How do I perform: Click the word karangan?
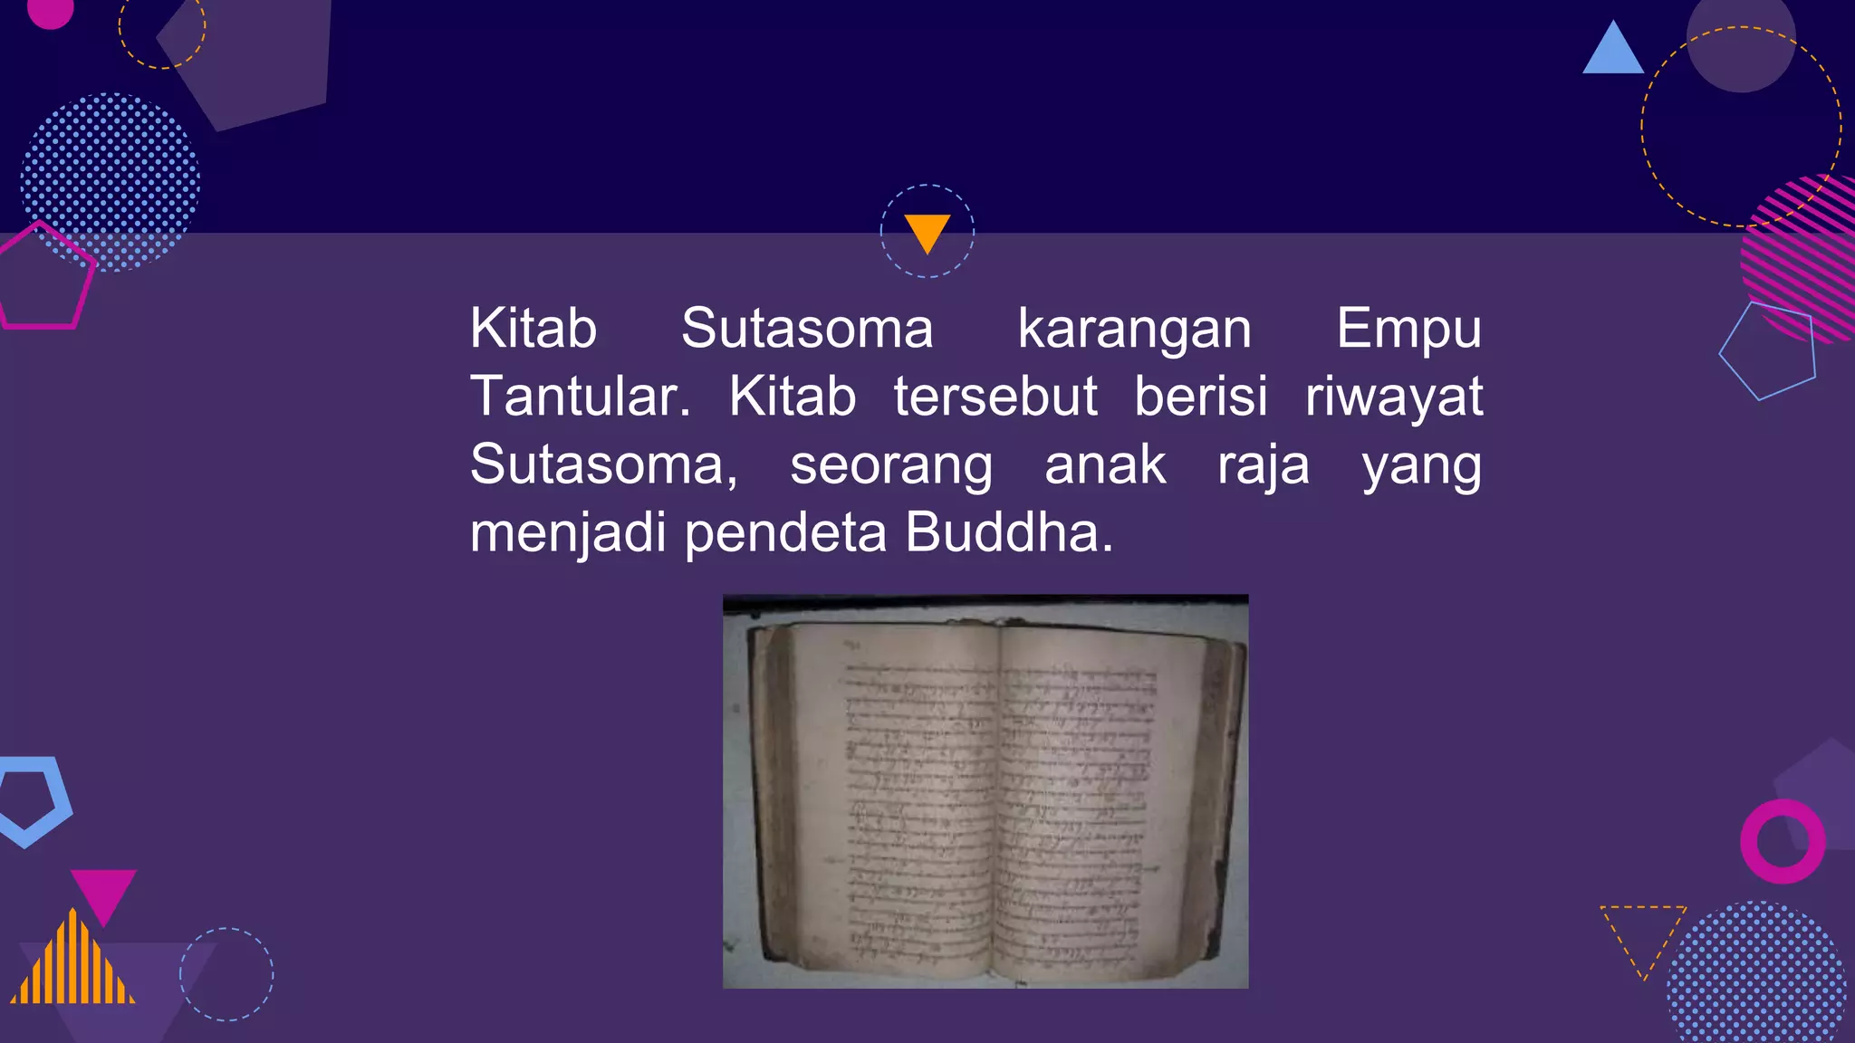[x=1134, y=330]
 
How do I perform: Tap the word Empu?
[x=1408, y=330]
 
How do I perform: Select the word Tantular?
[x=580, y=397]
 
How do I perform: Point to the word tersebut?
[x=995, y=397]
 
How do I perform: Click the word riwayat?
[x=1393, y=398]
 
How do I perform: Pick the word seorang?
[x=891, y=466]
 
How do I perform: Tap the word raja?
[x=1263, y=466]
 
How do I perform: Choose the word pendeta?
[x=785, y=534]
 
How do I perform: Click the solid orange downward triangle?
[x=927, y=231]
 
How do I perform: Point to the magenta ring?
[x=1783, y=841]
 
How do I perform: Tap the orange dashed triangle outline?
[x=1642, y=933]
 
